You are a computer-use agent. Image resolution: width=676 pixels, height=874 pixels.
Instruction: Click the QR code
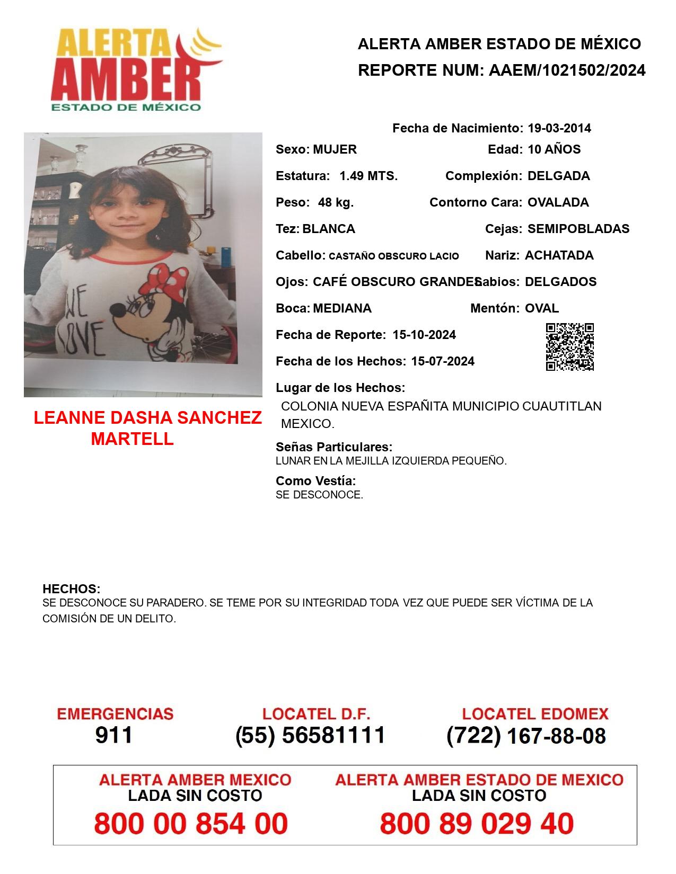(569, 347)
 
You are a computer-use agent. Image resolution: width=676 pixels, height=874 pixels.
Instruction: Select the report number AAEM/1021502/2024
(567, 70)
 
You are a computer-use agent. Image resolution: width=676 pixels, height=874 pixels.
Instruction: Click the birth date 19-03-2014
(559, 128)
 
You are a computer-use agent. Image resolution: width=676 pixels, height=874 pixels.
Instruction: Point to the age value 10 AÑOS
(554, 149)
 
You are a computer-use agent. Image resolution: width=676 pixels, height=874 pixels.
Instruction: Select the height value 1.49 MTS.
(368, 176)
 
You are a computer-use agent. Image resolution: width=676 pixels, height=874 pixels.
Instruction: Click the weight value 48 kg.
(336, 202)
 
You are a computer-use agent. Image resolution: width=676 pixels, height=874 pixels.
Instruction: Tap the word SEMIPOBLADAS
(578, 229)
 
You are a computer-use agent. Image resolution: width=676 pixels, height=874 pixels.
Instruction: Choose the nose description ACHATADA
(559, 255)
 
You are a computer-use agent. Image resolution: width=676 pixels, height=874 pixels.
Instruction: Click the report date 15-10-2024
(424, 335)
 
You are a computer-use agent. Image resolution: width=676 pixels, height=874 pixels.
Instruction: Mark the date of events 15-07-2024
(443, 361)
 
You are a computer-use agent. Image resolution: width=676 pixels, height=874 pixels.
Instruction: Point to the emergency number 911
(114, 735)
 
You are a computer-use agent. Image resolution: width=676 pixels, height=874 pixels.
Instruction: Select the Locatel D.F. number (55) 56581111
(310, 735)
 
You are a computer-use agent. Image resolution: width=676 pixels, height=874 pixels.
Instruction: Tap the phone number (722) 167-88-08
(526, 736)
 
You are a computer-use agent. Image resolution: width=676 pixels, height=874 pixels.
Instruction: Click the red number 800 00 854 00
(191, 824)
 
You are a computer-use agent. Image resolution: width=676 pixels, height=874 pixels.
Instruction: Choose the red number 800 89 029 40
(477, 824)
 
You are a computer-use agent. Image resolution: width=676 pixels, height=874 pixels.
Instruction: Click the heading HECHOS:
(71, 589)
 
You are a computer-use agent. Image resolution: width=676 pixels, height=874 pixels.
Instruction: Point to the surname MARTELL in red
(132, 439)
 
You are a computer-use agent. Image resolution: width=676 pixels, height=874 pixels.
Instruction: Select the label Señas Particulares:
(334, 447)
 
